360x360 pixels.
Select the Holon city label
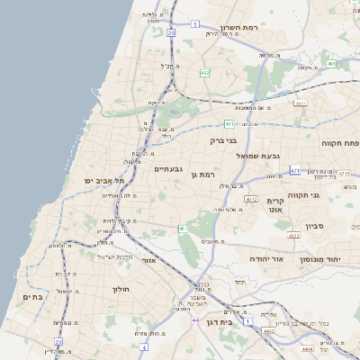[x=121, y=289]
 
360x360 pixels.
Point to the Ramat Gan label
[x=207, y=174]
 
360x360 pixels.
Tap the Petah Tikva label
[x=340, y=143]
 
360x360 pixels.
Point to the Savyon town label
[x=315, y=227]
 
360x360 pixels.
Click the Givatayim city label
[x=169, y=168]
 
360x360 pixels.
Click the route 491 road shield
[x=331, y=64]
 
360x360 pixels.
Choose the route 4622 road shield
[x=293, y=236]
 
